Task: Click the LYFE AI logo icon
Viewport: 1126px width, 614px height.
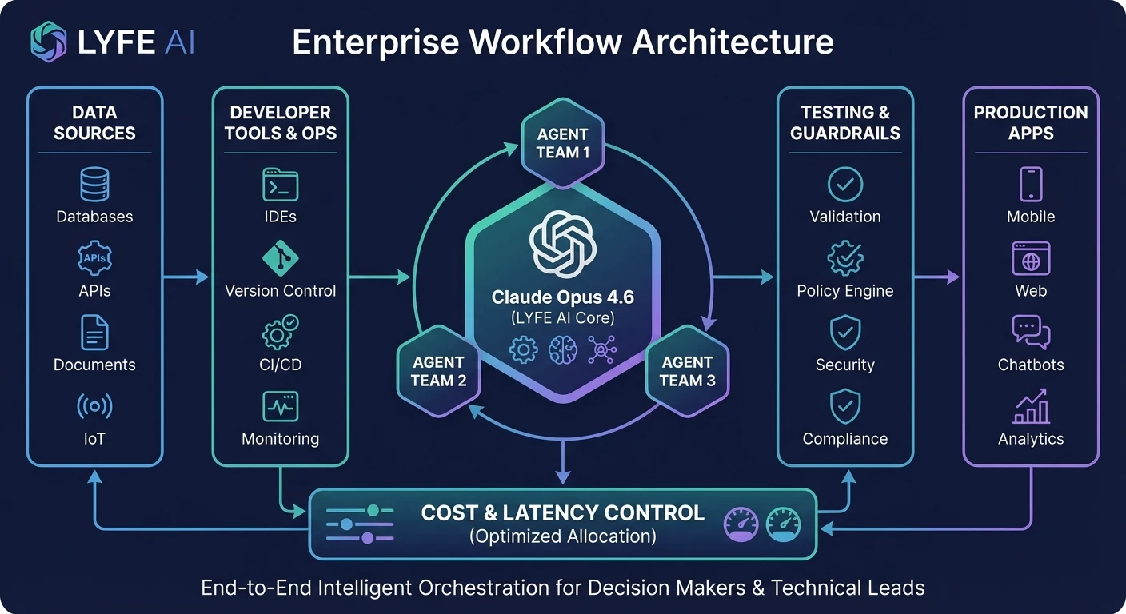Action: tap(49, 42)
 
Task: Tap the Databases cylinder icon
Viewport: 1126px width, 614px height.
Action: tap(94, 185)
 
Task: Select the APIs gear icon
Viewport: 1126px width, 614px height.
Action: tap(94, 259)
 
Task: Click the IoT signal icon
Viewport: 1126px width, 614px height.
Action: tap(94, 407)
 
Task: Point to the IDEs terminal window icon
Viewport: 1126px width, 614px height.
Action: tap(280, 185)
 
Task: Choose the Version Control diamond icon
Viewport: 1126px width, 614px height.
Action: tap(280, 258)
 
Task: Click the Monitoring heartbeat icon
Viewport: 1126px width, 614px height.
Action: tap(280, 407)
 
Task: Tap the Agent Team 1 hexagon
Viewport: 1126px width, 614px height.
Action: tap(562, 143)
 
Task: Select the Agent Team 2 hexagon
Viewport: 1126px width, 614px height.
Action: tap(438, 371)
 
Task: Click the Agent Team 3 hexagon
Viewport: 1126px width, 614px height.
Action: tap(687, 371)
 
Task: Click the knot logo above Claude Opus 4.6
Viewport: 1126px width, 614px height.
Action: tap(563, 242)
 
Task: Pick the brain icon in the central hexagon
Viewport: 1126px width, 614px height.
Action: tap(563, 350)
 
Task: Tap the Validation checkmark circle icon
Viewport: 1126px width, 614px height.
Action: tap(844, 185)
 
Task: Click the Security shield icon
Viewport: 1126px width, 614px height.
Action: tap(844, 333)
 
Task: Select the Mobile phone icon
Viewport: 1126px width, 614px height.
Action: tap(1030, 185)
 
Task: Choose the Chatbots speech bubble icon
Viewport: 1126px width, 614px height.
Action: tap(1030, 333)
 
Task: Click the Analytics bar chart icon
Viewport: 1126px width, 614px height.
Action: tap(1030, 407)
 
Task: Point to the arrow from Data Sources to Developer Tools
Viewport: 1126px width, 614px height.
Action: tap(186, 277)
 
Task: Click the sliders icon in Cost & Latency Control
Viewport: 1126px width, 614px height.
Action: tap(360, 524)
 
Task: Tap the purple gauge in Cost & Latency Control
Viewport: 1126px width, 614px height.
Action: tap(741, 524)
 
